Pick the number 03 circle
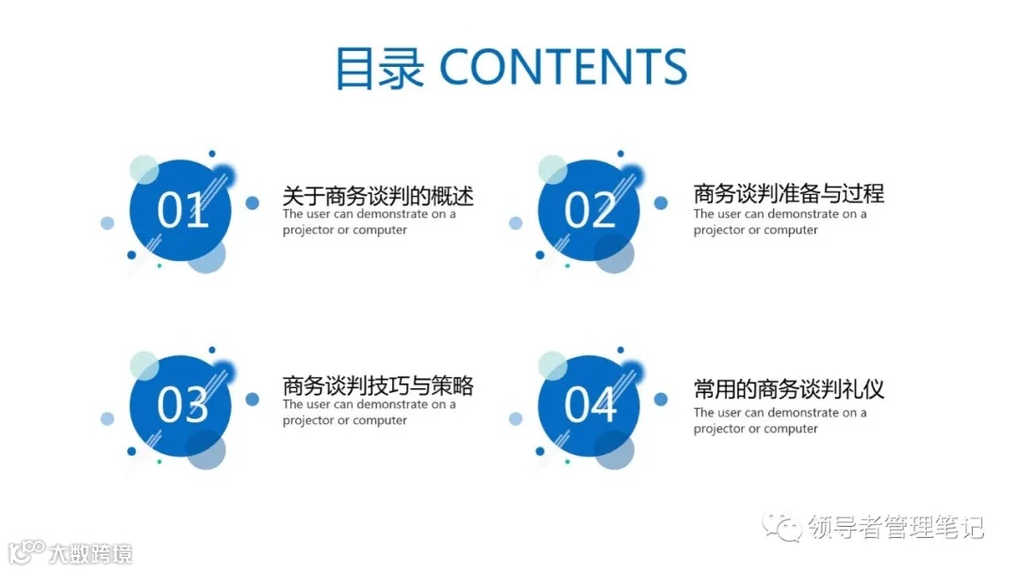(182, 404)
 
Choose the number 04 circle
(589, 404)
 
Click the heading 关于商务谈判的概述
(377, 196)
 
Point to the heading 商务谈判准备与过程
(788, 193)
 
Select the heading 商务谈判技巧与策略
(377, 385)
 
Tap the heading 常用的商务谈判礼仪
(788, 389)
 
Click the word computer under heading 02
(790, 231)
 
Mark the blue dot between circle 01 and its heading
(252, 203)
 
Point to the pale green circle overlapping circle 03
(143, 365)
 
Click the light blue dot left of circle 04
(516, 418)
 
